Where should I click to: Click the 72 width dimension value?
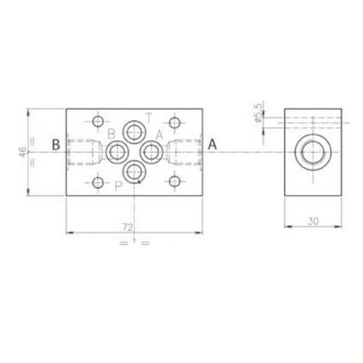tap(128, 227)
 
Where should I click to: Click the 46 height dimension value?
tap(23, 152)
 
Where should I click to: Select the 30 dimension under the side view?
tap(313, 221)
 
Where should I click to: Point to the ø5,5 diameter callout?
tap(258, 112)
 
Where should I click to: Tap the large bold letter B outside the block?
tap(56, 144)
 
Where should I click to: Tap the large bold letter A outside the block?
tap(212, 144)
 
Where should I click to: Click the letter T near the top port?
tap(148, 118)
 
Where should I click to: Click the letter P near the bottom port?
tap(119, 186)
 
